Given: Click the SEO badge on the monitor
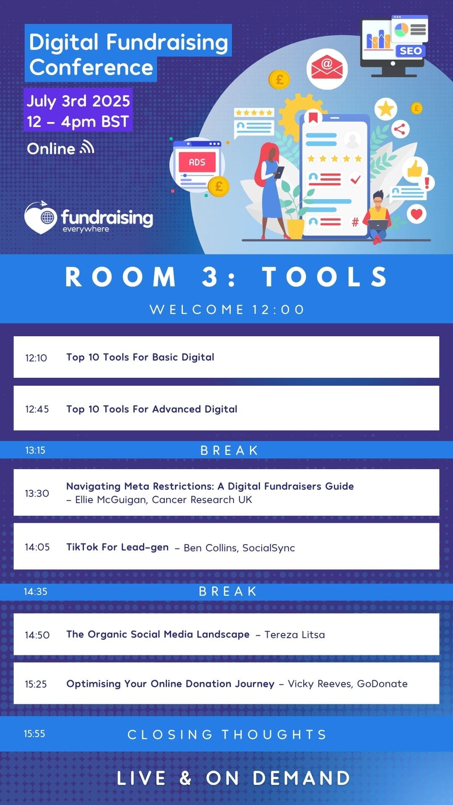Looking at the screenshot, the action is pyautogui.click(x=410, y=51).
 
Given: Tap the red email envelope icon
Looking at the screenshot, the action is pyautogui.click(x=327, y=68).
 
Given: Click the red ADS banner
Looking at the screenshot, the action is pyautogui.click(x=197, y=162).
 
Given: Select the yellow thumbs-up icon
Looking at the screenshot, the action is pyautogui.click(x=415, y=169).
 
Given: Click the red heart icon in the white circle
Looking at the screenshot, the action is pyautogui.click(x=417, y=214).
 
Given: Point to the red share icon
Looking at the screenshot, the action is pyautogui.click(x=400, y=129).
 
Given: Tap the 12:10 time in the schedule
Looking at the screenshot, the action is pyautogui.click(x=36, y=358).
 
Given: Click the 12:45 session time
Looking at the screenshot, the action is pyautogui.click(x=37, y=409).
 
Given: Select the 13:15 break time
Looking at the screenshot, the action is pyautogui.click(x=35, y=450).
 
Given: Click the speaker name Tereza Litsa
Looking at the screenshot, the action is pyautogui.click(x=294, y=635).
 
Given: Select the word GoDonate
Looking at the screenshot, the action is pyautogui.click(x=382, y=684).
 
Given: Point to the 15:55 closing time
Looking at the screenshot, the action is pyautogui.click(x=34, y=734).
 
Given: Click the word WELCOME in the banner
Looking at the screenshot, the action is pyautogui.click(x=197, y=309).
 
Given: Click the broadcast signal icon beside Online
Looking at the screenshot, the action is pyautogui.click(x=87, y=147).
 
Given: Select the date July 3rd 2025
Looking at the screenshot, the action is pyautogui.click(x=78, y=101).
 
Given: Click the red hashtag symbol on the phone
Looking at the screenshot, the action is pyautogui.click(x=355, y=222).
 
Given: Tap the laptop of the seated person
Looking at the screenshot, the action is pyautogui.click(x=378, y=225).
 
